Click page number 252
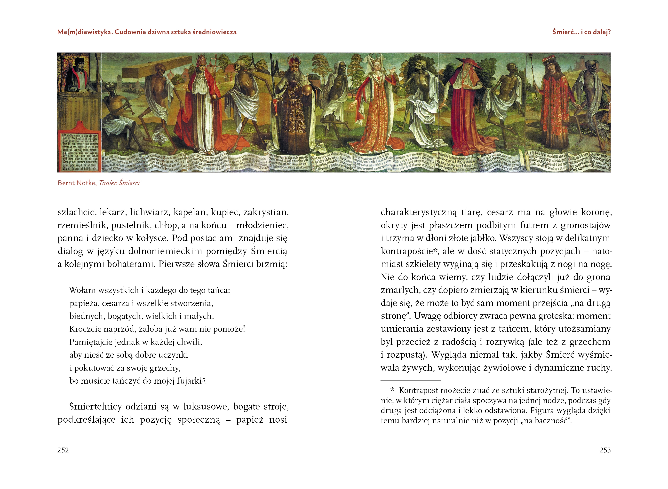coord(63,450)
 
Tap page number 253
coord(605,450)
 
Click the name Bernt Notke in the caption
coord(77,183)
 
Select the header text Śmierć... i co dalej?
coord(581,32)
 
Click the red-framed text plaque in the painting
coord(79,150)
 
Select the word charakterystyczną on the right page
coord(419,212)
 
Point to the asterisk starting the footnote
coord(392,390)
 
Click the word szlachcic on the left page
coord(77,212)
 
